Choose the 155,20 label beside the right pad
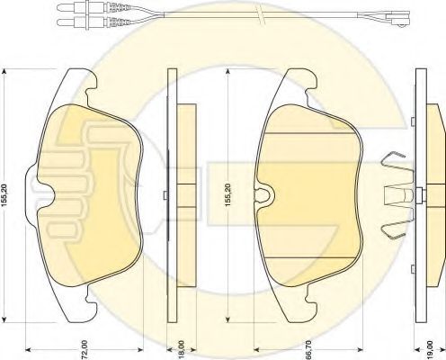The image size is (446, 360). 229,193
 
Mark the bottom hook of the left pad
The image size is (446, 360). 83,309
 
